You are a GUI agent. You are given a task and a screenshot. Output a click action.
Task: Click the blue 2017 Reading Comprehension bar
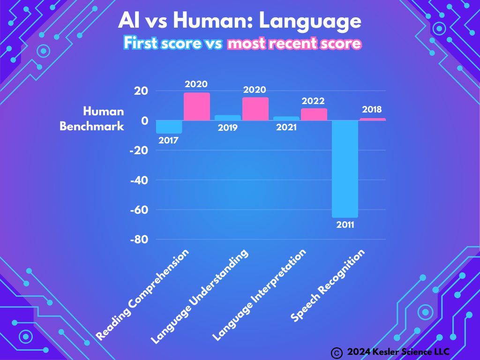tap(169, 127)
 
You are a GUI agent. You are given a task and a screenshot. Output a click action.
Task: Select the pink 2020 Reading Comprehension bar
tap(197, 107)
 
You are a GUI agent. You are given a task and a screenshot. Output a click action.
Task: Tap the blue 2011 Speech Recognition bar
tap(345, 169)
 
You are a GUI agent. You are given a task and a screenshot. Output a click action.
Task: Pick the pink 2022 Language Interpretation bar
tap(314, 114)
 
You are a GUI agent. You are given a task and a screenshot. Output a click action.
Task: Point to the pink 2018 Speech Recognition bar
tap(373, 120)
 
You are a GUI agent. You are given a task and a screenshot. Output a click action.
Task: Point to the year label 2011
tap(345, 225)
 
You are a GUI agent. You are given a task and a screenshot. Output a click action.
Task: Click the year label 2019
tap(227, 127)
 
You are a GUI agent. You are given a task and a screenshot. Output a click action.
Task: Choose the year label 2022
tap(314, 101)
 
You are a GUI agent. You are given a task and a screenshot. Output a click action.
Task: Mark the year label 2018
tap(372, 110)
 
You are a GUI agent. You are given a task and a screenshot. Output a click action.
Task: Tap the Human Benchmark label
tap(92, 119)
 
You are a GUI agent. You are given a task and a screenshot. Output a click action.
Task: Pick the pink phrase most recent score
tap(294, 44)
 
